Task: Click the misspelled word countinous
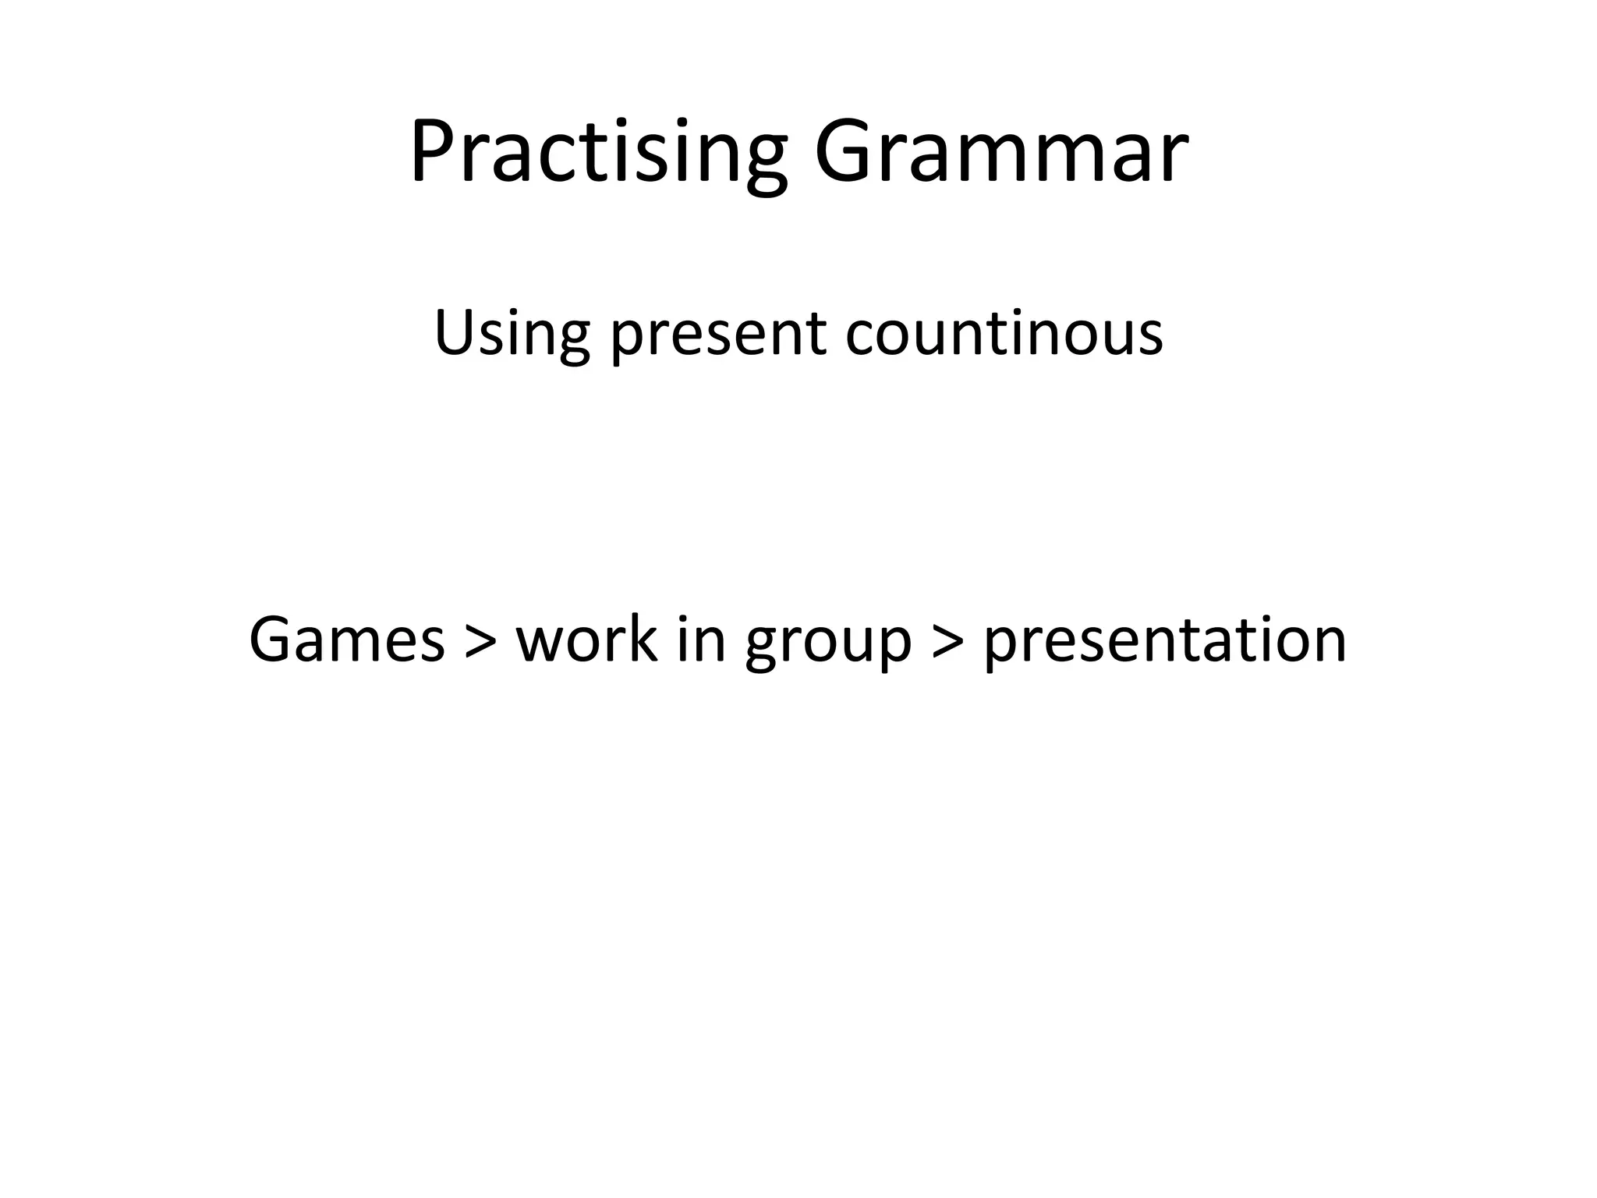tap(1004, 334)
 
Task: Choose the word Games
tap(346, 640)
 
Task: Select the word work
tap(586, 640)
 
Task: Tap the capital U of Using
tap(455, 332)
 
